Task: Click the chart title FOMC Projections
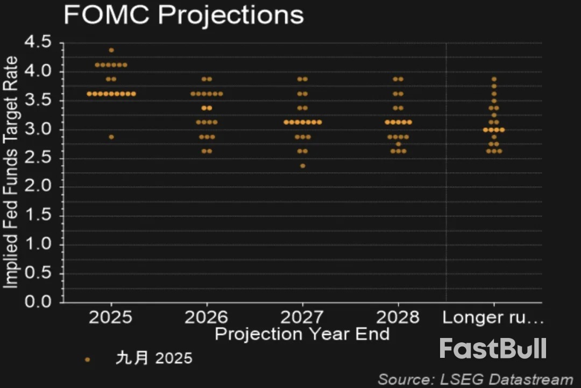click(x=183, y=16)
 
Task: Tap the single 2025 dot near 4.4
click(x=111, y=50)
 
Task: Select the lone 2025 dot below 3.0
click(x=111, y=137)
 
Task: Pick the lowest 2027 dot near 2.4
click(x=302, y=166)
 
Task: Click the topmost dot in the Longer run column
click(x=494, y=79)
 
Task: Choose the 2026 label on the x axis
click(x=206, y=317)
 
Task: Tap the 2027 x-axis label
click(x=302, y=317)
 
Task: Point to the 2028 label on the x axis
click(x=398, y=317)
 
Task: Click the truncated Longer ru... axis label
click(x=493, y=317)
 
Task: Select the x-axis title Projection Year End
click(x=302, y=334)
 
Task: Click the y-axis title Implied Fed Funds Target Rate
click(x=12, y=172)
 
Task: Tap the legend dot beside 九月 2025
click(x=88, y=359)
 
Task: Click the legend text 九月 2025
click(x=154, y=358)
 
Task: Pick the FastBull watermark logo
click(x=493, y=349)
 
